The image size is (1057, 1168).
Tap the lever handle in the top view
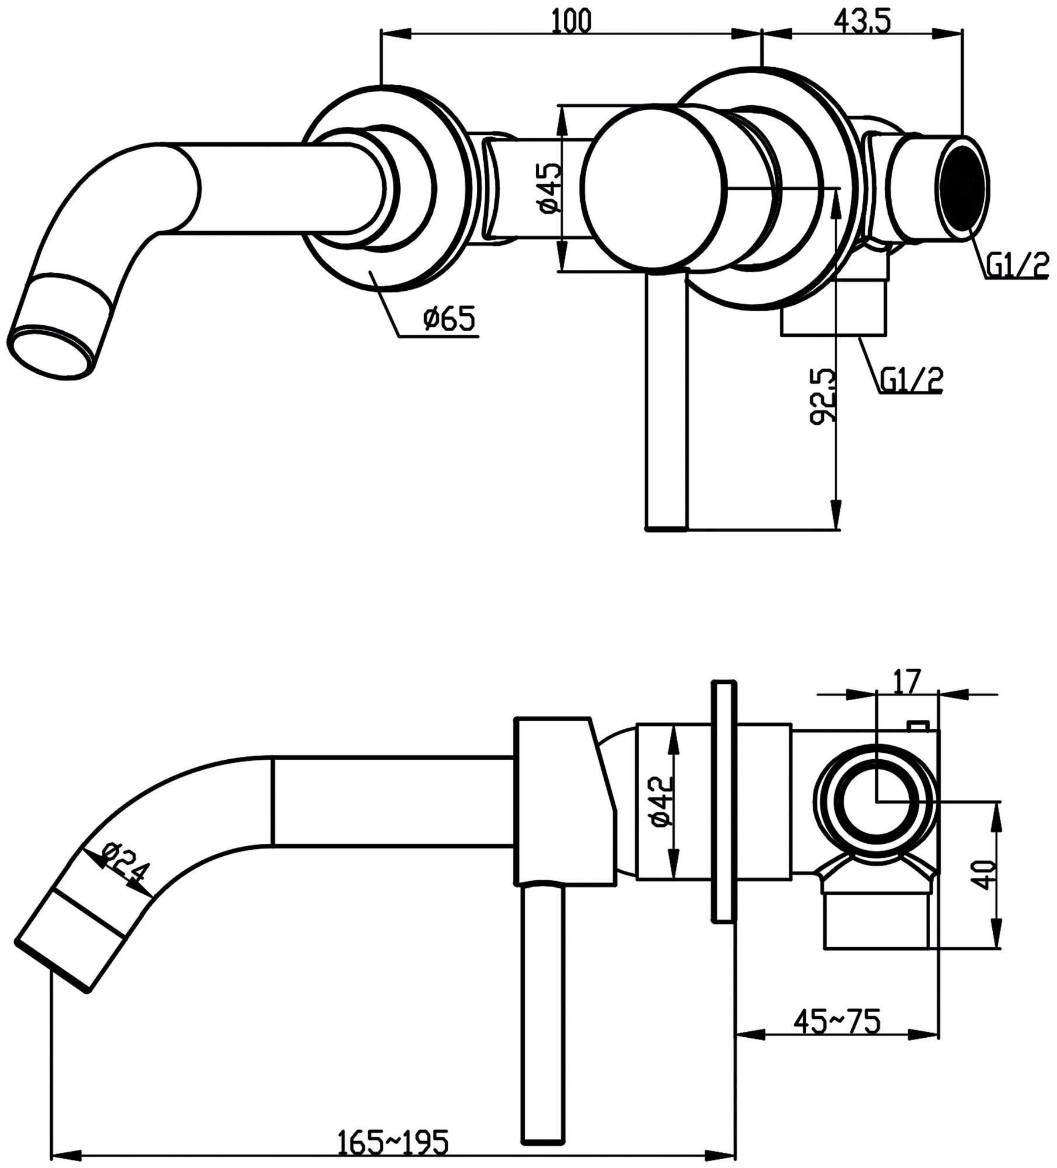[667, 403]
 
